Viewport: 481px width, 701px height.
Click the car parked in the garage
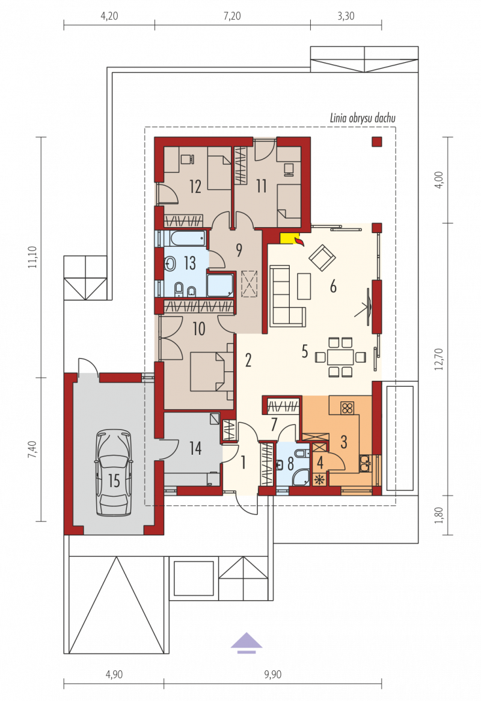tap(114, 473)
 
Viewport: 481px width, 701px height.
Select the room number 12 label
tap(195, 186)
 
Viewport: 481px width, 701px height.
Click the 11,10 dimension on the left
tap(32, 257)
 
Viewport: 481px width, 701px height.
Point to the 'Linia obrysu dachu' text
tap(363, 118)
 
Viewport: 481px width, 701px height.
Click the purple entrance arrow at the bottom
tap(247, 643)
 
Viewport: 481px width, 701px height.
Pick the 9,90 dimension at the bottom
tap(272, 674)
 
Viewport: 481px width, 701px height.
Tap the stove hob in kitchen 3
tap(347, 408)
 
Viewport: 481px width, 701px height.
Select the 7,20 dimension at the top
tap(232, 16)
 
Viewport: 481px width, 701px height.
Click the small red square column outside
tap(377, 142)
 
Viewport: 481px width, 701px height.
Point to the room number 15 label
tap(114, 481)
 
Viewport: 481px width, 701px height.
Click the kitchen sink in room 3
tap(366, 463)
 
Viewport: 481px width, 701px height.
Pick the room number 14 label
tap(195, 448)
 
